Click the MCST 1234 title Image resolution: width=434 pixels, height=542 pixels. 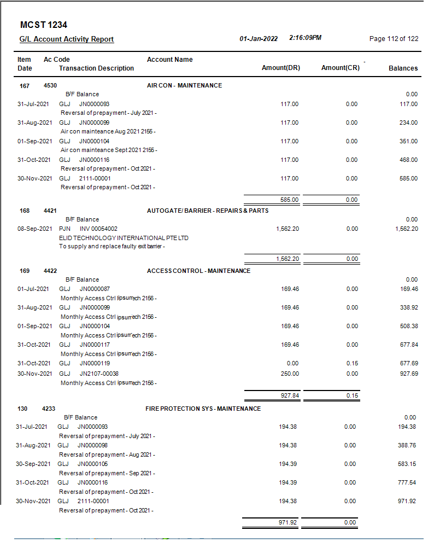tap(43, 25)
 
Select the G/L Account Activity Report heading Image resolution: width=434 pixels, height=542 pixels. tap(67, 39)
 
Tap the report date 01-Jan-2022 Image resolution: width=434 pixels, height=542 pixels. tap(259, 39)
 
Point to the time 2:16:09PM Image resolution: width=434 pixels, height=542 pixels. tap(305, 38)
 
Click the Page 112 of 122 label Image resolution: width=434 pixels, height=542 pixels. tap(394, 39)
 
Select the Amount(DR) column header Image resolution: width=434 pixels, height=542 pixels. tap(281, 68)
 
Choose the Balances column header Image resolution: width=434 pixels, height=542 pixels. tap(403, 68)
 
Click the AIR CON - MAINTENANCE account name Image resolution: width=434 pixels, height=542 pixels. tap(184, 85)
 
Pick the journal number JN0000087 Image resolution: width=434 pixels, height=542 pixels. tap(95, 289)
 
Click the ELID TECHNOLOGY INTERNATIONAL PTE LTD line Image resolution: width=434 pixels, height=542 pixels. tap(124, 238)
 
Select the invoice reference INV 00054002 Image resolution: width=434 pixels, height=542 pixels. tap(98, 229)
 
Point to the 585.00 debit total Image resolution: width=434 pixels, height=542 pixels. tap(290, 200)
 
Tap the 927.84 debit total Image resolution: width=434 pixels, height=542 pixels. tap(290, 395)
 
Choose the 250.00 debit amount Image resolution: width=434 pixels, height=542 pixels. tap(290, 374)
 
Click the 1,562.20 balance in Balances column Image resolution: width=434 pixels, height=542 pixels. tap(406, 229)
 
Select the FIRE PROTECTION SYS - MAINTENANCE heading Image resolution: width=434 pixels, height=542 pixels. tap(203, 409)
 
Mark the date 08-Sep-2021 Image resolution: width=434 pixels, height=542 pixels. tap(35, 229)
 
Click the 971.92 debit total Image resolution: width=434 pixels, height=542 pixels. tap(288, 523)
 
